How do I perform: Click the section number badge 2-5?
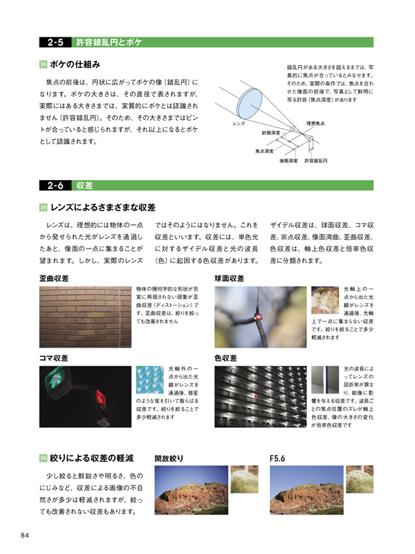tap(56, 42)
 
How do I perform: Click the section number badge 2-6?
tap(56, 185)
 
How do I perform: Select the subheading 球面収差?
tap(230, 278)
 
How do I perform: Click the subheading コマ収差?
tap(53, 359)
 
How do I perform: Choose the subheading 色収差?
tap(226, 359)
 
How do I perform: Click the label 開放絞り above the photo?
tap(169, 458)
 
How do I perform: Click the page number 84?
tap(24, 535)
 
